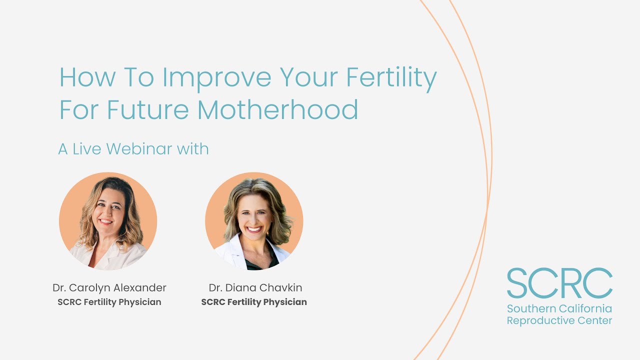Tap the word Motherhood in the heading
point(278,110)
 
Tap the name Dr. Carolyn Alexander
point(109,287)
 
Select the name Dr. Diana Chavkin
point(255,287)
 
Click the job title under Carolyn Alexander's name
point(109,302)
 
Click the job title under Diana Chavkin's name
point(254,302)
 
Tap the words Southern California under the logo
point(559,308)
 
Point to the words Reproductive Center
point(559,320)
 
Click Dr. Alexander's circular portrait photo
point(108,221)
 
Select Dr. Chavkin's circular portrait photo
point(254,221)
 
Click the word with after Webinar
point(192,149)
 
